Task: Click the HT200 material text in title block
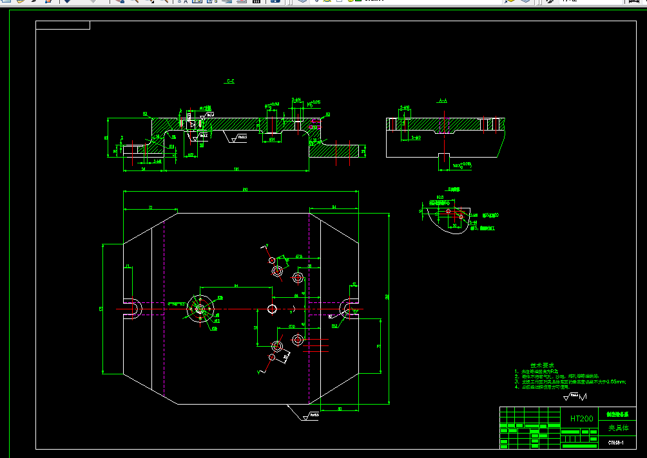pos(581,419)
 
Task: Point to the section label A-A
pos(443,101)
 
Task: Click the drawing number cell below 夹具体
pos(617,442)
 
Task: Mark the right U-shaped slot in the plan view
pos(352,308)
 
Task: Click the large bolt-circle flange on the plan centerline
pos(200,309)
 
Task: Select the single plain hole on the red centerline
pos(272,309)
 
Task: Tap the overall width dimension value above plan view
pos(244,190)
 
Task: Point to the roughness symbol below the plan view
pos(310,416)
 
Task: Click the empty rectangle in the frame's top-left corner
pos(63,25)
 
